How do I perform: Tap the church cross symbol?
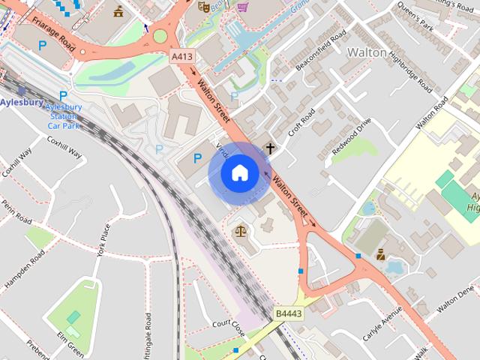270,148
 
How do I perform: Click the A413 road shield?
181,56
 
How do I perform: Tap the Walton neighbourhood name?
367,52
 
